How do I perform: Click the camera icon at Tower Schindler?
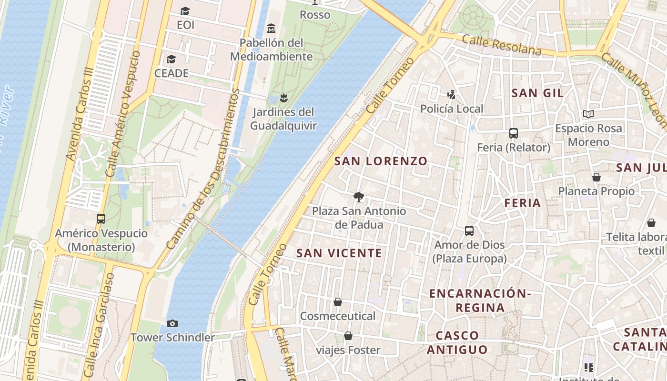point(172,324)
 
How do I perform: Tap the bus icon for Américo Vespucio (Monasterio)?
point(101,219)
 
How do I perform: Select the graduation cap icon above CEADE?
point(171,60)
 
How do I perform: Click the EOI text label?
point(185,25)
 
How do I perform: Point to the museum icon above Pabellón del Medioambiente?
point(271,28)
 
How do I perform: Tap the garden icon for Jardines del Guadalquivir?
point(283,98)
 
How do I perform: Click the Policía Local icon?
point(451,95)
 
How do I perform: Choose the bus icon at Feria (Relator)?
point(514,133)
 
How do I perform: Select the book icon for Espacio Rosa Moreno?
point(588,114)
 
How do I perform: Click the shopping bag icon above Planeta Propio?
point(596,177)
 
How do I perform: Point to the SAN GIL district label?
point(537,93)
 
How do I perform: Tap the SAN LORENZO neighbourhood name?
point(381,161)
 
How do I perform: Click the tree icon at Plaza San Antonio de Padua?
point(358,197)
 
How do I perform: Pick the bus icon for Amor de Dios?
point(469,231)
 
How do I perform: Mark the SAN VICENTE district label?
point(339,253)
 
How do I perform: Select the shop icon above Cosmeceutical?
point(338,302)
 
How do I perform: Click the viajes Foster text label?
point(348,350)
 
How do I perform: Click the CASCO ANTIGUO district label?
point(457,342)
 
